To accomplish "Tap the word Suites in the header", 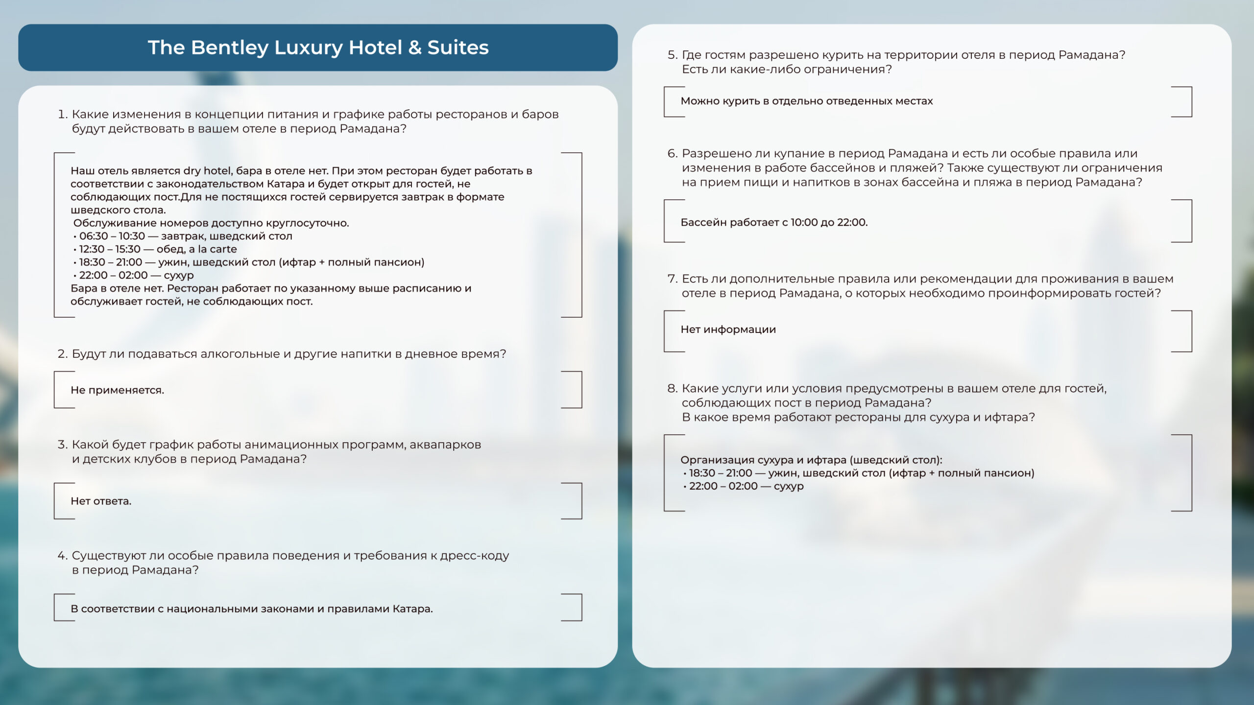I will click(x=458, y=48).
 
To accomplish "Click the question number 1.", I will click(x=62, y=115).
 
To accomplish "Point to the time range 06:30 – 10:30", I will click(x=112, y=236).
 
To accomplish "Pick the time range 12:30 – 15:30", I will click(x=110, y=249).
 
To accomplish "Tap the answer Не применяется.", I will click(x=117, y=390).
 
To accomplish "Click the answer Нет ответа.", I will click(x=101, y=501).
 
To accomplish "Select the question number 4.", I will click(x=62, y=556).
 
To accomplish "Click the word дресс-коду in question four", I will click(x=474, y=556).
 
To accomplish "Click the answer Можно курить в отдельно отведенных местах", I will click(x=806, y=101).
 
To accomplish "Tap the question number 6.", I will click(x=672, y=154).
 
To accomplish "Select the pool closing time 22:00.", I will click(x=852, y=222).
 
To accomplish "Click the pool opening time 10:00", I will click(x=804, y=222).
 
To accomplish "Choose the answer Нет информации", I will click(x=728, y=329).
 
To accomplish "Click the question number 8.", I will click(x=672, y=389).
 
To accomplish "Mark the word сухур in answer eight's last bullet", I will click(x=789, y=486).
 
